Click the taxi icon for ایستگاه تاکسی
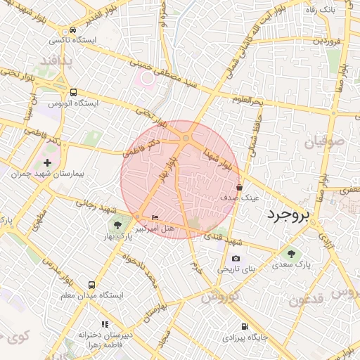click(x=73, y=31)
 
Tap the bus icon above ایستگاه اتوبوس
click(x=73, y=92)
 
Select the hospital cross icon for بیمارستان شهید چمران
click(x=48, y=162)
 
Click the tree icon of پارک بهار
click(x=118, y=226)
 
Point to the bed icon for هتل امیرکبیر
click(x=155, y=218)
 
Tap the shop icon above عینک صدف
click(x=240, y=188)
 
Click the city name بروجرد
click(x=290, y=215)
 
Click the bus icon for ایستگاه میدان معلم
click(x=92, y=285)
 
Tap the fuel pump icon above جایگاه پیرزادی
click(x=245, y=326)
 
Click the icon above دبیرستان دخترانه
click(x=105, y=324)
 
